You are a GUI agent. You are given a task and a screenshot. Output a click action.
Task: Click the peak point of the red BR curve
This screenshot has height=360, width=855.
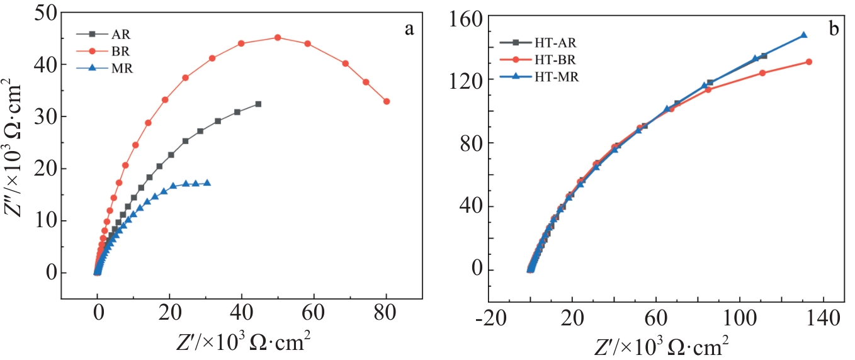point(278,38)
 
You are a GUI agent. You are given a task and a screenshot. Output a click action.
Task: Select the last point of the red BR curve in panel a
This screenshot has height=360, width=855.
point(387,101)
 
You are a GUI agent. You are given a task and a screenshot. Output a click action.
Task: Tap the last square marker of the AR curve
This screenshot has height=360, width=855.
point(258,104)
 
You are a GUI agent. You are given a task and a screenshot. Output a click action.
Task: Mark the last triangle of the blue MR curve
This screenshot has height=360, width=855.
point(207,183)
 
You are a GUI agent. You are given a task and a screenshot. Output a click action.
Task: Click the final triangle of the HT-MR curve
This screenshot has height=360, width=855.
point(804,35)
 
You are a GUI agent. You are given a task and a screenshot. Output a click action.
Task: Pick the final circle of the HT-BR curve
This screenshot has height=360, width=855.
point(808,62)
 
